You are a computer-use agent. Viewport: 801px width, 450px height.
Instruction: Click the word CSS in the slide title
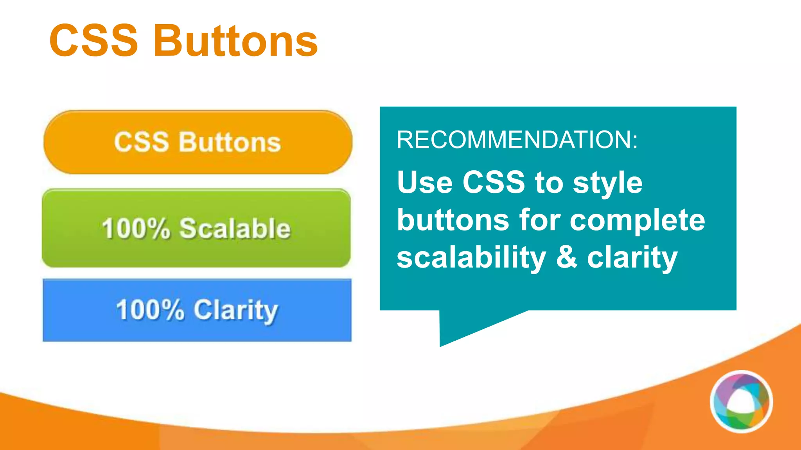[x=94, y=41]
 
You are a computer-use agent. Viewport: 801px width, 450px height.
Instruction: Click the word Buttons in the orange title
[x=236, y=41]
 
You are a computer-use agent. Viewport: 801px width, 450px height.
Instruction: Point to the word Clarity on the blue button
[x=236, y=311]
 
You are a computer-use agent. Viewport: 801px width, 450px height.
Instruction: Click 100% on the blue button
[x=150, y=310]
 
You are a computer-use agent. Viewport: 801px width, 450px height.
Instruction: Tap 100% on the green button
[x=136, y=229]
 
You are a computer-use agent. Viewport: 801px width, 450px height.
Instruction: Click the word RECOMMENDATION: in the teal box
[x=517, y=139]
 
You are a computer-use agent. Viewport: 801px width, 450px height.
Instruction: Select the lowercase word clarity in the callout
[x=632, y=258]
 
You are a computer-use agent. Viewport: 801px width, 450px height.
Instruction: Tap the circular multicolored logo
[x=741, y=402]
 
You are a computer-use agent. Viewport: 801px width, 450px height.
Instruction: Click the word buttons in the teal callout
[x=453, y=220]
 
